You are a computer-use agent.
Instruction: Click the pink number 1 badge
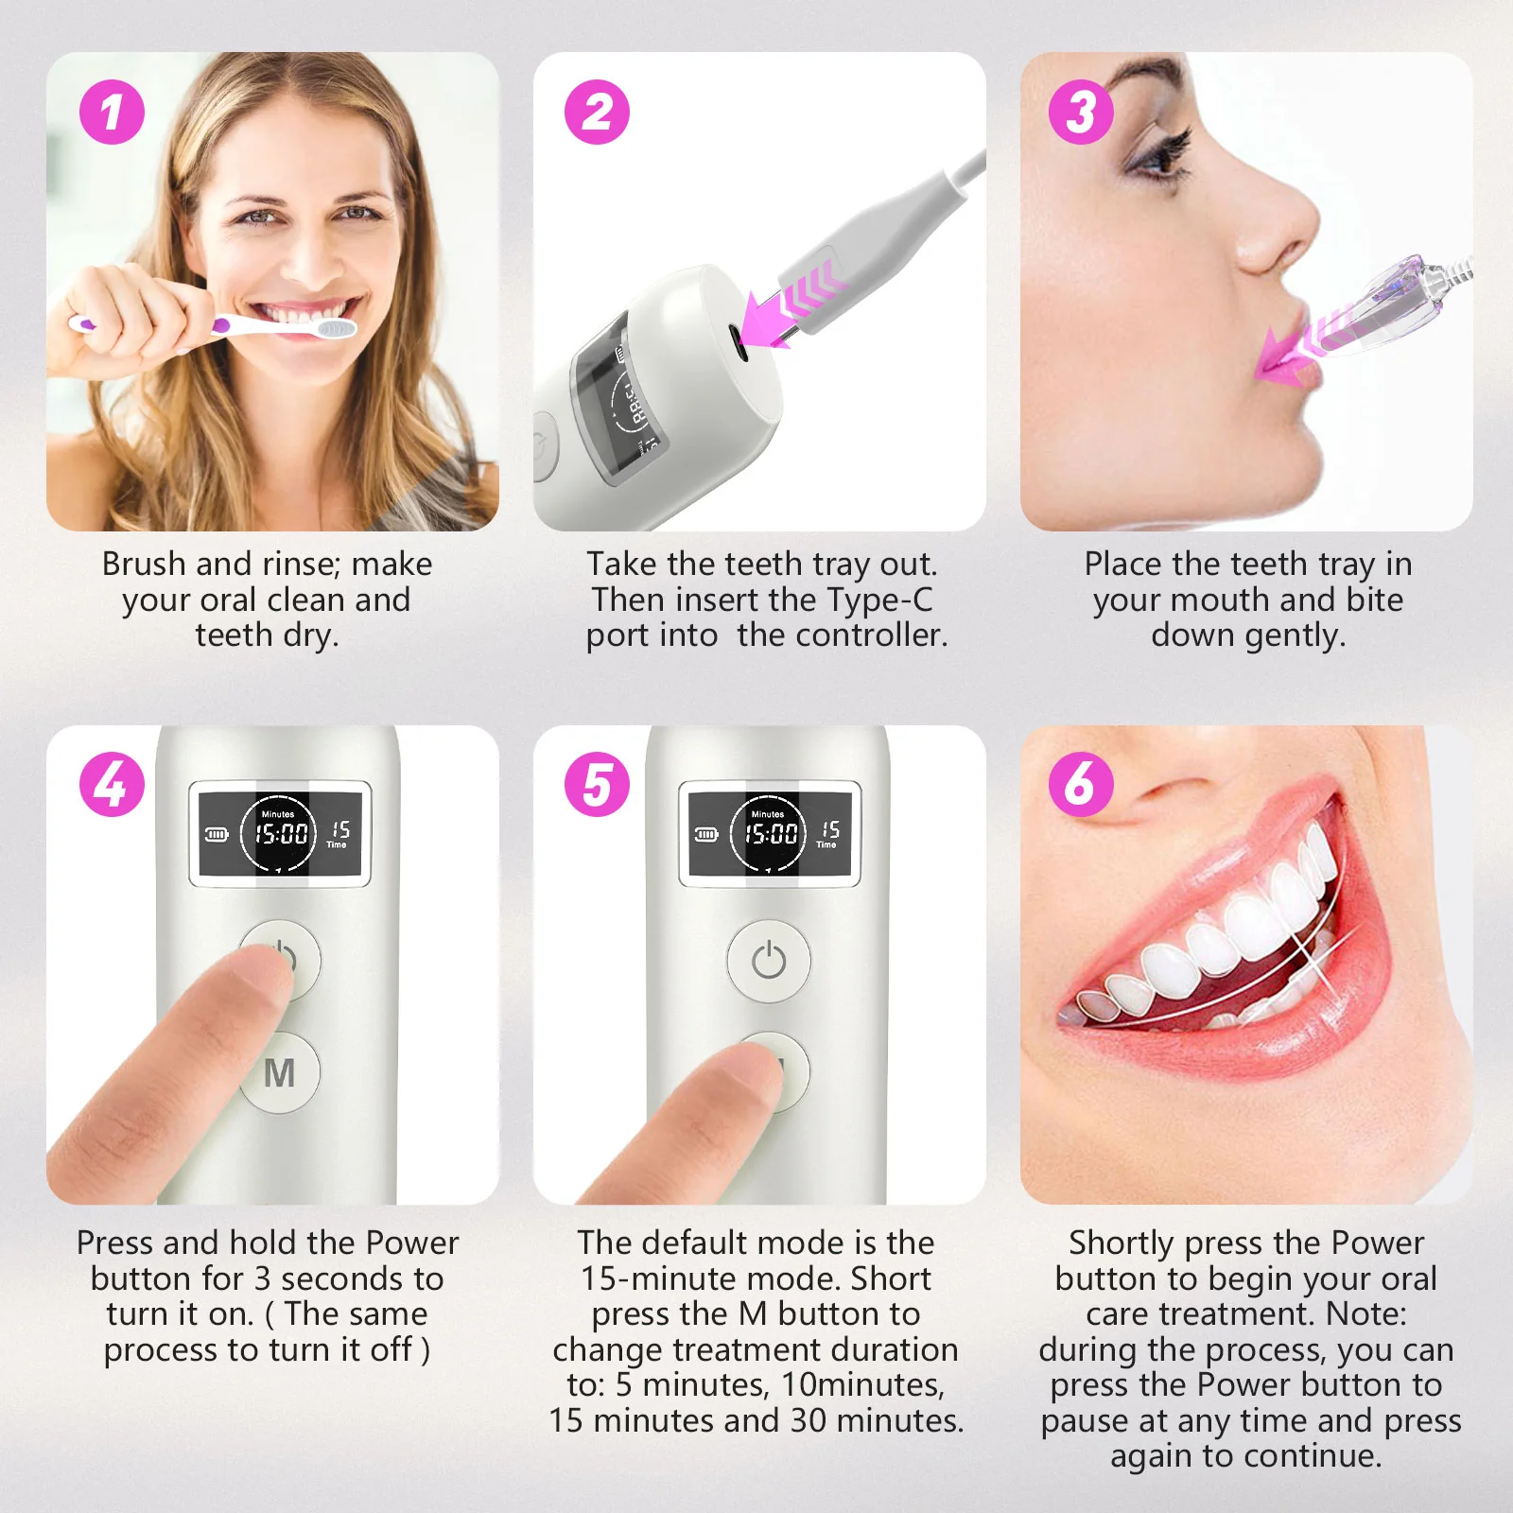coord(112,113)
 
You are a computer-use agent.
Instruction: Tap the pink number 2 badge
coord(597,113)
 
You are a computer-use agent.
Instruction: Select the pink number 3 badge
coord(1081,113)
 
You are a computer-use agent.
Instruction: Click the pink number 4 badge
coord(112,785)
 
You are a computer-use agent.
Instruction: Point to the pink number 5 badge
coord(597,785)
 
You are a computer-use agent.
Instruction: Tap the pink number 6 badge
coord(1081,785)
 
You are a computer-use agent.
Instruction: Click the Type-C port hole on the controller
coord(738,342)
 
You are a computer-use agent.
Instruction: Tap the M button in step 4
coord(280,1073)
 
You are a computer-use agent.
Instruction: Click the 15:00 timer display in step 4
coord(281,834)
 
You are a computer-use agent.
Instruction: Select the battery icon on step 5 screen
coord(706,834)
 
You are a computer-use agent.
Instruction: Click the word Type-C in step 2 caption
coord(879,600)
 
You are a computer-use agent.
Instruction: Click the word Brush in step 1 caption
coord(144,565)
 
